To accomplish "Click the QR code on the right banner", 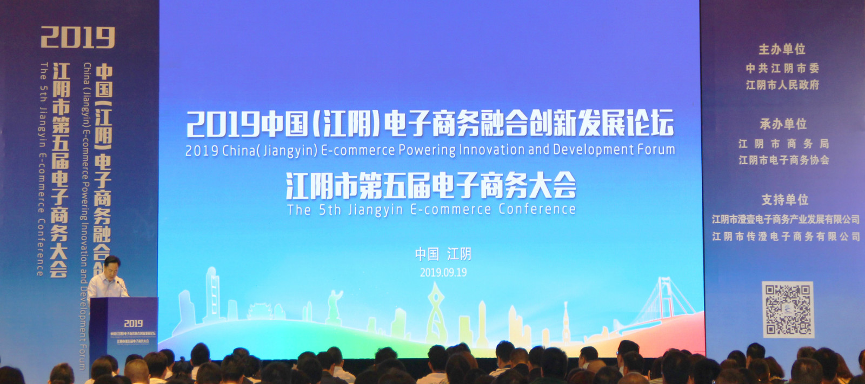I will coord(788,309).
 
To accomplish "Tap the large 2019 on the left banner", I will coord(78,38).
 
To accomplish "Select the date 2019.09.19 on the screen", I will coord(443,272).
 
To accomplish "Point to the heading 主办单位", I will coord(782,50).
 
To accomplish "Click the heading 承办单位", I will coord(783,124).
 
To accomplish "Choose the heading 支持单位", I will coord(784,200).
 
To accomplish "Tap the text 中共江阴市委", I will coord(782,68).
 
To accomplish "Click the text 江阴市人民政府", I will coord(782,85).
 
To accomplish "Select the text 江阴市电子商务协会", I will coord(783,160).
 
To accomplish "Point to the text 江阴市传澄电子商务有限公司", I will coord(786,237).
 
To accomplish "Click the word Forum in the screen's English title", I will coord(656,149).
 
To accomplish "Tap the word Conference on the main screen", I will coord(537,209).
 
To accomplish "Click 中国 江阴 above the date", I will coord(443,254).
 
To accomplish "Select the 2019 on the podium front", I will coord(133,323).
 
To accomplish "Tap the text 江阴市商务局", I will coord(783,144).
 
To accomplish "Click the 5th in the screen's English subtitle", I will coord(330,210).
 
